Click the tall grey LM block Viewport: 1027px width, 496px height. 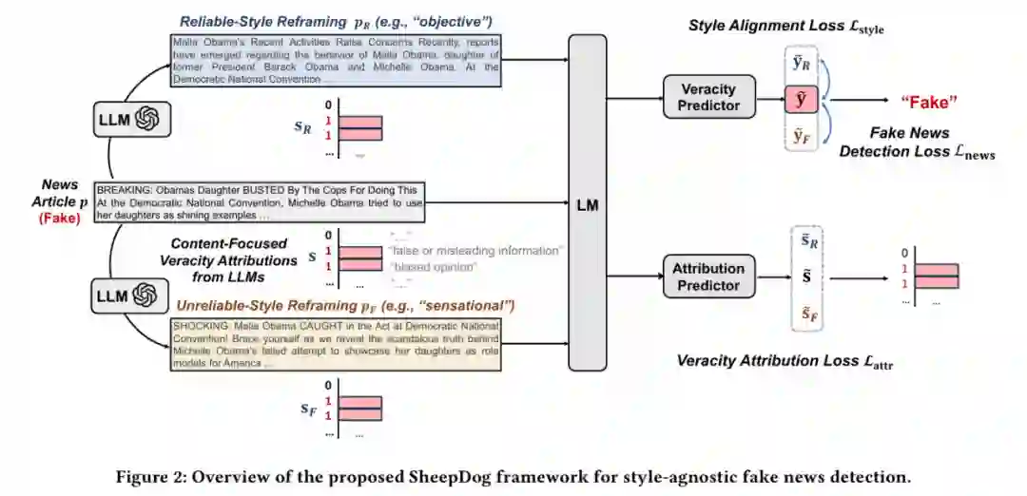[x=588, y=202]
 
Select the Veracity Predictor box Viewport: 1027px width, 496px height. [x=708, y=98]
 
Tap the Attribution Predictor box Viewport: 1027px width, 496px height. [x=707, y=276]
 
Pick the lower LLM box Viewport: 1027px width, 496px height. [x=130, y=296]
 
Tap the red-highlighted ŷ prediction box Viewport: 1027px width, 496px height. [x=799, y=98]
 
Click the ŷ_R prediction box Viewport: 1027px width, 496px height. [x=799, y=64]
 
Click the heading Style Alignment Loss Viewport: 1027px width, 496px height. [x=785, y=27]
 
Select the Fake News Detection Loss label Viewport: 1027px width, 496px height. [x=917, y=143]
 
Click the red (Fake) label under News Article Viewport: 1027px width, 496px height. [x=59, y=218]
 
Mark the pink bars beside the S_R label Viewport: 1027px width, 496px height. [x=360, y=127]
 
